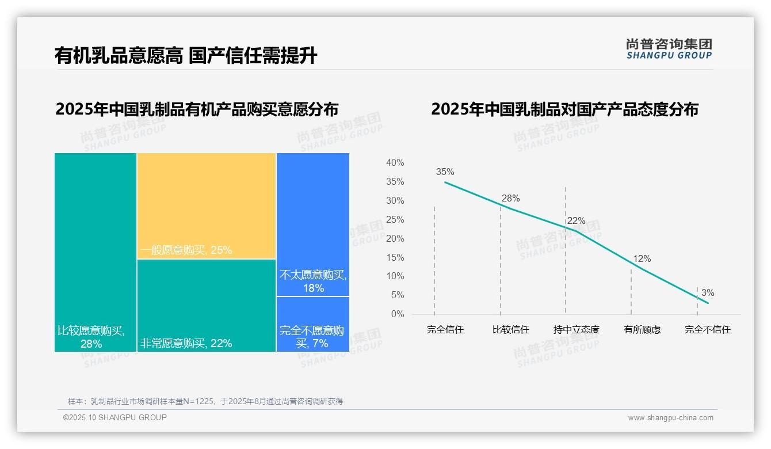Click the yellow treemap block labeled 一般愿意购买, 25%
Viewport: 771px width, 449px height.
pyautogui.click(x=207, y=206)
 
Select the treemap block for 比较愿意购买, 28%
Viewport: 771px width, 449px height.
pyautogui.click(x=96, y=252)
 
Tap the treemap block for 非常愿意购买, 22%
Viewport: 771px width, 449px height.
pyautogui.click(x=207, y=305)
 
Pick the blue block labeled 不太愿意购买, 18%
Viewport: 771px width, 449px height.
pyautogui.click(x=313, y=224)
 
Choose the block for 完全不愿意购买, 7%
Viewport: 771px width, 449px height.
pyautogui.click(x=313, y=324)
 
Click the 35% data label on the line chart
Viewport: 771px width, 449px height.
pyautogui.click(x=445, y=172)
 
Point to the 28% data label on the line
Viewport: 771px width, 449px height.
pyautogui.click(x=510, y=198)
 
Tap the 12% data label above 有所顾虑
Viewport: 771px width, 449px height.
pyautogui.click(x=642, y=259)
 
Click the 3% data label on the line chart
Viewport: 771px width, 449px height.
pyautogui.click(x=707, y=293)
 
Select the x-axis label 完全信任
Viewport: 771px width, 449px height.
pyautogui.click(x=445, y=330)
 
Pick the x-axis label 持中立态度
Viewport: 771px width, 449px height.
pyautogui.click(x=576, y=330)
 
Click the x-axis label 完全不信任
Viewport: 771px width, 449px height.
pyautogui.click(x=707, y=330)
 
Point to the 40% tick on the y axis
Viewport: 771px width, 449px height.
pyautogui.click(x=395, y=163)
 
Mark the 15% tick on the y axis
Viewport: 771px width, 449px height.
pyautogui.click(x=395, y=257)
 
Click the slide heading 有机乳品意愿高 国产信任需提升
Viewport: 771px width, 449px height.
pyautogui.click(x=186, y=56)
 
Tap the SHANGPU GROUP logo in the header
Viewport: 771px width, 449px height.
pyautogui.click(x=669, y=49)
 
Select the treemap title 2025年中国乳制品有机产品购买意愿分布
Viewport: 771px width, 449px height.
pyautogui.click(x=197, y=109)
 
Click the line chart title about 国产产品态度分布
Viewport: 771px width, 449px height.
pyautogui.click(x=564, y=109)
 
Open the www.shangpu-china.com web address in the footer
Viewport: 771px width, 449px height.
pyautogui.click(x=670, y=418)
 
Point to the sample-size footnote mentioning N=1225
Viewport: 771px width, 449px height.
pyautogui.click(x=205, y=401)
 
